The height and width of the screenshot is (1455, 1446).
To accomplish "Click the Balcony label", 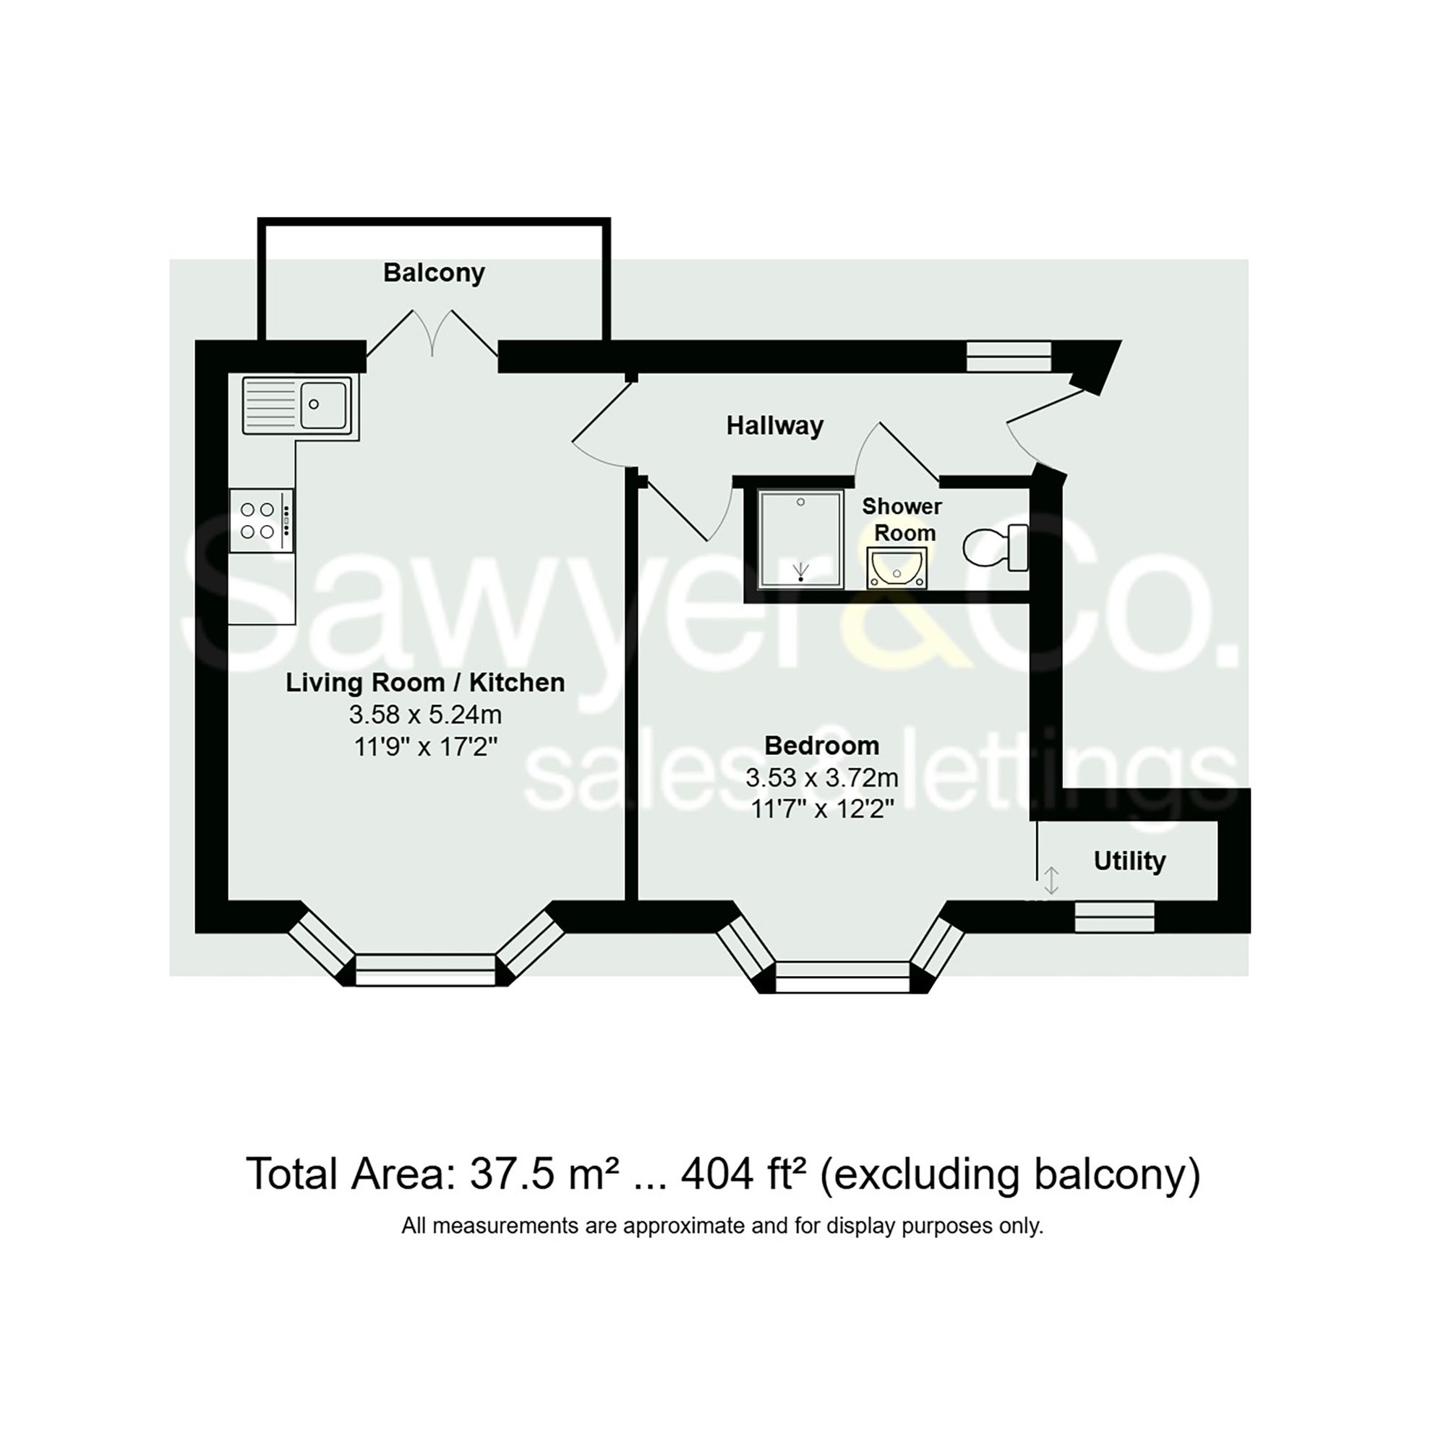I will (434, 273).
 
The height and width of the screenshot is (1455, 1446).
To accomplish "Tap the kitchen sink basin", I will (324, 404).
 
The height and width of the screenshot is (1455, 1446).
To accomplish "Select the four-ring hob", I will (260, 521).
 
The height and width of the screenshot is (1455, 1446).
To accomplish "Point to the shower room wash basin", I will (897, 568).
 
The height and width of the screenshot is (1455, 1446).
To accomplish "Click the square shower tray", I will (800, 539).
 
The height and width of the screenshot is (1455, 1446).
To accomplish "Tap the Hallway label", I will (774, 426).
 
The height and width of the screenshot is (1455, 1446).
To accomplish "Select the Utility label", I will (1129, 861).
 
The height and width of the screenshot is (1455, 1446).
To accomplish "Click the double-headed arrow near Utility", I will (1051, 879).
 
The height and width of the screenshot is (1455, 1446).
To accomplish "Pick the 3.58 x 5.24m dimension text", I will (425, 714).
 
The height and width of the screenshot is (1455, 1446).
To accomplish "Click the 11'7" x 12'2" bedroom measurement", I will (821, 810).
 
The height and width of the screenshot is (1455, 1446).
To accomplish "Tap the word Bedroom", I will (821, 746).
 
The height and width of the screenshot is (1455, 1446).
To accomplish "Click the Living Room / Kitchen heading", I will (425, 683).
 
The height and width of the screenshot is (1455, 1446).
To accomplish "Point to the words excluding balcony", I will (1009, 1174).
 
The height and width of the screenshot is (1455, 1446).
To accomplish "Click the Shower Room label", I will (902, 520).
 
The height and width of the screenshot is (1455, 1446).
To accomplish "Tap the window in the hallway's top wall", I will (1009, 357).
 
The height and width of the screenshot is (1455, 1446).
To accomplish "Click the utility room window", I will (1114, 916).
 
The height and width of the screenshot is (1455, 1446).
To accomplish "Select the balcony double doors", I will (432, 335).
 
